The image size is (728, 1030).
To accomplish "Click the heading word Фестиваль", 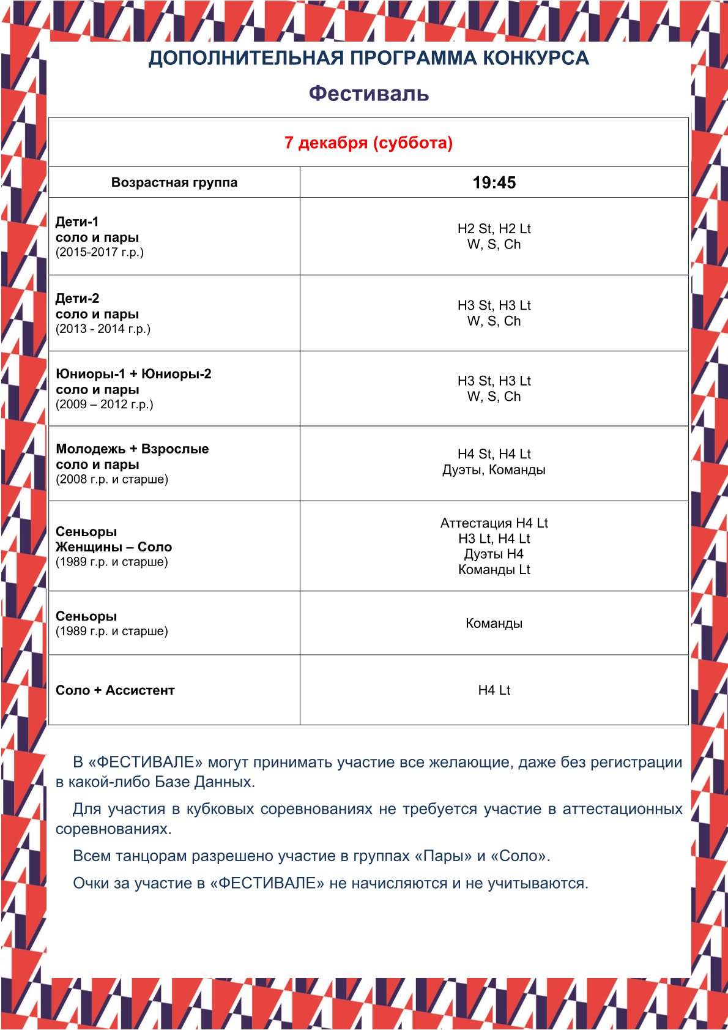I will click(x=368, y=94).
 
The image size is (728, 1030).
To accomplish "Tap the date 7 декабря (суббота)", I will click(x=368, y=143).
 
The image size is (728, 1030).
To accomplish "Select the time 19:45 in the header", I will click(x=494, y=182).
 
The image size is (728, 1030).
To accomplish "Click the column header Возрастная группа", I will click(x=174, y=182).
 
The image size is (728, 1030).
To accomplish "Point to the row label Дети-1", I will click(x=77, y=222).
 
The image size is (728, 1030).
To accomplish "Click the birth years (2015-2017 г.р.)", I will click(x=100, y=252).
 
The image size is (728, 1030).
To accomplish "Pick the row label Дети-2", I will click(x=77, y=298).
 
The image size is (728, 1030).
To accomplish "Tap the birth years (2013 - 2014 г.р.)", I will click(x=103, y=329).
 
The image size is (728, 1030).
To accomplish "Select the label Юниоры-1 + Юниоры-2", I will click(x=133, y=374).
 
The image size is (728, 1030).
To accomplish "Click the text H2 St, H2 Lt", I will click(x=494, y=229).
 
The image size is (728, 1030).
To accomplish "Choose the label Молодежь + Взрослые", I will click(x=132, y=449).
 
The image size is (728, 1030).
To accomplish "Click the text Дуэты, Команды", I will click(x=494, y=470).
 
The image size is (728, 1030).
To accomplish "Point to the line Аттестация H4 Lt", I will click(x=494, y=523).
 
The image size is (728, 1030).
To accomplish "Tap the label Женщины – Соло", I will click(x=114, y=547).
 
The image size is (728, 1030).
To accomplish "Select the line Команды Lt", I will click(x=494, y=570).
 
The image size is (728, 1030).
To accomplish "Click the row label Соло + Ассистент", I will click(x=115, y=690).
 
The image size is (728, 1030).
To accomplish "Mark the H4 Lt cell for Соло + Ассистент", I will click(x=494, y=690).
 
